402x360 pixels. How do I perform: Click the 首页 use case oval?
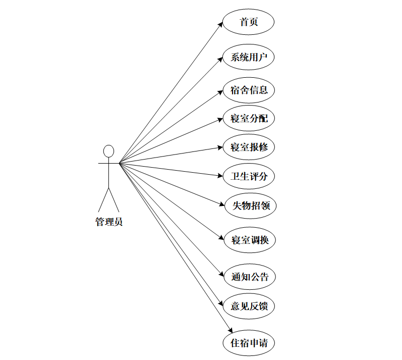click(249, 23)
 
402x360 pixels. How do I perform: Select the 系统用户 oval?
click(249, 57)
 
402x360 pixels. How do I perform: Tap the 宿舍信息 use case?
click(249, 91)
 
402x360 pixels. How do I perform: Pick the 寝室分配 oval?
click(249, 119)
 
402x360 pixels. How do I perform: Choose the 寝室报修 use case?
click(249, 147)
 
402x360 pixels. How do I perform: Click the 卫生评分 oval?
click(249, 177)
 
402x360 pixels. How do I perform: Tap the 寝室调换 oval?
click(250, 240)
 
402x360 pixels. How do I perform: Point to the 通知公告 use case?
click(250, 277)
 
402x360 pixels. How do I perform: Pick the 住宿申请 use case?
click(249, 343)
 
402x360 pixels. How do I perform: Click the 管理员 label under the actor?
click(108, 222)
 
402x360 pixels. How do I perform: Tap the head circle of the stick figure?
click(108, 151)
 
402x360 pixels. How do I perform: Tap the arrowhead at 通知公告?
click(220, 275)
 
